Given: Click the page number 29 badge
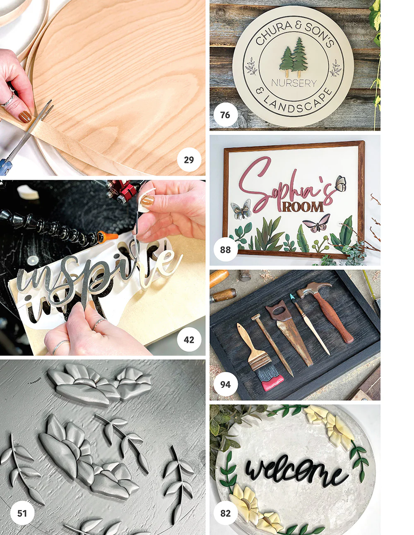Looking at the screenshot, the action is click(x=189, y=160).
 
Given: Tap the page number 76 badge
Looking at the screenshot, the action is click(x=226, y=115).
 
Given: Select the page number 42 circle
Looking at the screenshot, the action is click(x=189, y=340).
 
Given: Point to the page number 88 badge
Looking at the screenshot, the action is click(x=226, y=250).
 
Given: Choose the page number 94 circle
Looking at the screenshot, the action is click(x=226, y=385).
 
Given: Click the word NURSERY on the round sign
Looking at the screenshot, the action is click(x=294, y=83).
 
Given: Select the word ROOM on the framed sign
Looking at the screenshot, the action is click(x=303, y=207).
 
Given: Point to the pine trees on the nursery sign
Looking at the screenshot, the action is click(x=294, y=57).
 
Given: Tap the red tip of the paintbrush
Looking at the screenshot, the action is click(x=272, y=382).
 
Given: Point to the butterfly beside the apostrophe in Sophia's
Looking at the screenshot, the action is click(x=340, y=183).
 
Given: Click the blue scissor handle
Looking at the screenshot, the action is click(x=5, y=165).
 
